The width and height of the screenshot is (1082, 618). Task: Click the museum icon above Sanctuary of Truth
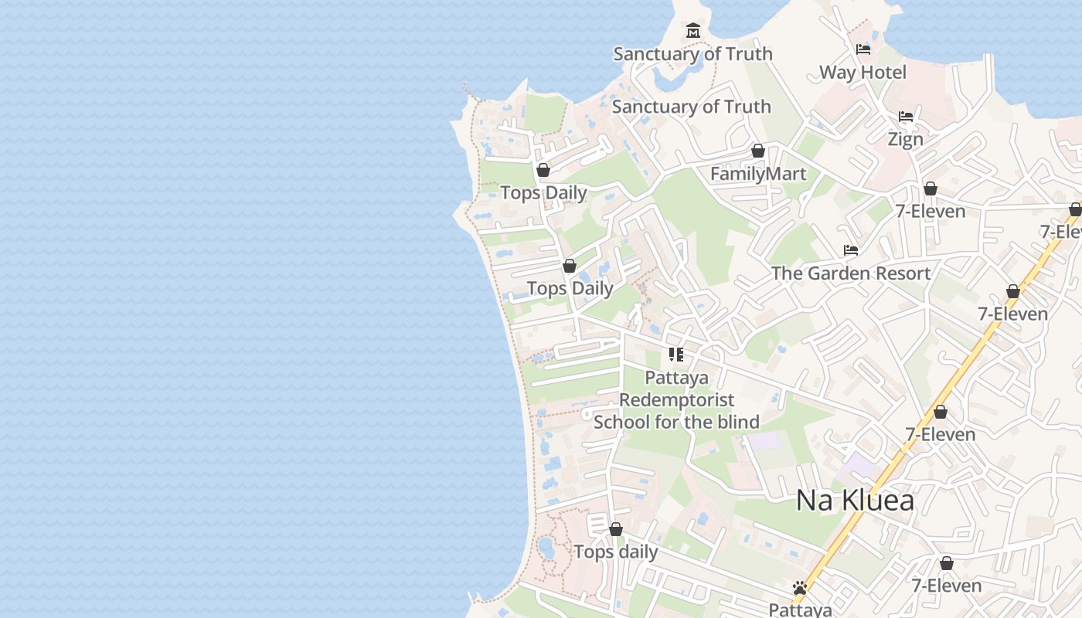(x=692, y=31)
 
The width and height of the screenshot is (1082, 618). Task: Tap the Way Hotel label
(x=863, y=73)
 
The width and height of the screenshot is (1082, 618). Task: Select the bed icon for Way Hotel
(x=863, y=49)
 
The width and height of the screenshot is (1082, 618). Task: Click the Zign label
(x=905, y=140)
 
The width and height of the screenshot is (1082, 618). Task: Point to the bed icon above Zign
(x=906, y=117)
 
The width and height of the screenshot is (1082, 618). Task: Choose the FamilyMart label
(x=757, y=174)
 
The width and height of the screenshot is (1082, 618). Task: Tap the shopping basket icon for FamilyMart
(x=758, y=151)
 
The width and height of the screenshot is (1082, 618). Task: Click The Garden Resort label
(x=850, y=273)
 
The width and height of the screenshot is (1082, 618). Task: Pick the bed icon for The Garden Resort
(x=851, y=250)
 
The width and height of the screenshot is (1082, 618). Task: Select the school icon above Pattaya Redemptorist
(x=676, y=355)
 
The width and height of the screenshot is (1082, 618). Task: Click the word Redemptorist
(x=676, y=400)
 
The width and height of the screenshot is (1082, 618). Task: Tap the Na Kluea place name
(x=855, y=501)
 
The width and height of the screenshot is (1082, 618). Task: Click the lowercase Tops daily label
(x=615, y=552)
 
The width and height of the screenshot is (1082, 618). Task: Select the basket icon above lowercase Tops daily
(x=616, y=529)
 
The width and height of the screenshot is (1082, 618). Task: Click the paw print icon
(x=800, y=588)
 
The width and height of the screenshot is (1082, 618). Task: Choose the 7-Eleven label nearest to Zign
(x=931, y=212)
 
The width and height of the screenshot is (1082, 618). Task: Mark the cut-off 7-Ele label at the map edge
(x=1061, y=232)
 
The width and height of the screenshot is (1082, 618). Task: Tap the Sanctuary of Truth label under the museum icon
(x=692, y=54)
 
